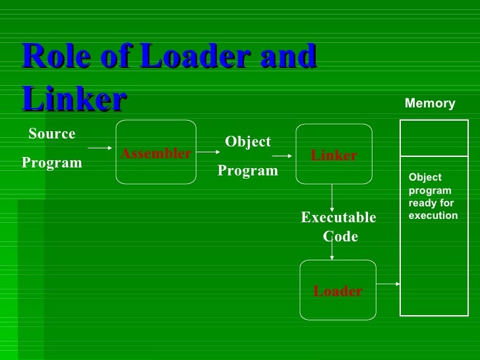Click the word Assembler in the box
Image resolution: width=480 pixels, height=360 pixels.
click(156, 154)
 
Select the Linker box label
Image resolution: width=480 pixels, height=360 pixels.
click(334, 156)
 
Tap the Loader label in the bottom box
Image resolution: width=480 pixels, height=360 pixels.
click(338, 291)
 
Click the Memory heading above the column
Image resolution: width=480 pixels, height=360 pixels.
click(430, 104)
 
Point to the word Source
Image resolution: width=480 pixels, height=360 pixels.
click(52, 134)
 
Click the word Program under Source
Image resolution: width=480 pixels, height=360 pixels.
click(52, 162)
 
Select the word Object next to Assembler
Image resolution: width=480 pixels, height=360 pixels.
click(248, 142)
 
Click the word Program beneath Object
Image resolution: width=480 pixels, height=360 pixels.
click(248, 171)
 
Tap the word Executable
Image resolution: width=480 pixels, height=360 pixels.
click(338, 218)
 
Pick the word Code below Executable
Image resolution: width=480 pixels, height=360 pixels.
click(340, 236)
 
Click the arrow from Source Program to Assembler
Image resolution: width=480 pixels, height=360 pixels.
click(101, 148)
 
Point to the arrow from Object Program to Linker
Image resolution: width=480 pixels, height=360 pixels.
click(282, 156)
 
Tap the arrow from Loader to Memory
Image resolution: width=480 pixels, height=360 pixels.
click(388, 284)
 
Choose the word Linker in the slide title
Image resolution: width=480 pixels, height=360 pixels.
click(73, 100)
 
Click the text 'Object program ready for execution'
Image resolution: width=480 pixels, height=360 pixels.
click(433, 196)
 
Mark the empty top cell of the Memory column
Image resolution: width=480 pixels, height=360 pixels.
click(430, 138)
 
